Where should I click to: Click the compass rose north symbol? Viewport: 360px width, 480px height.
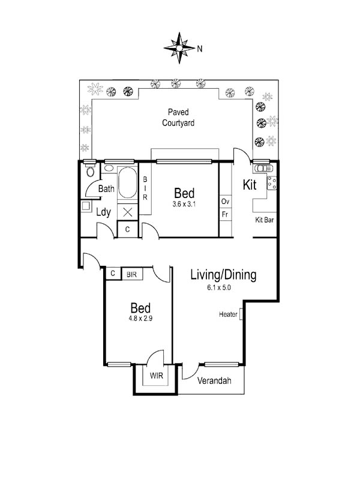(179, 48)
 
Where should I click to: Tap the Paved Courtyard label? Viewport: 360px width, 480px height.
(178, 118)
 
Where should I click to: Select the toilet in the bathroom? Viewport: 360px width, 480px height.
(91, 171)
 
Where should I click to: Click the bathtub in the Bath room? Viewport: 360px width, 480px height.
(128, 183)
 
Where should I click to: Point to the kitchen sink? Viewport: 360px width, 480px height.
(263, 169)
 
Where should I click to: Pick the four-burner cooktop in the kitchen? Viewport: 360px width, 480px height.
(272, 183)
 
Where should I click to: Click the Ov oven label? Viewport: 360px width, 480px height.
(226, 202)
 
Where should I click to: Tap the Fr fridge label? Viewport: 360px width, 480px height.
(225, 214)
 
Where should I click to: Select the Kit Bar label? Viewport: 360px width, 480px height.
(265, 220)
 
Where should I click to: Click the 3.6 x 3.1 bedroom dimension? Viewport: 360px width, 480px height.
(184, 204)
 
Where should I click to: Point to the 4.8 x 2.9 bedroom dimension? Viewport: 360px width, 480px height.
(140, 319)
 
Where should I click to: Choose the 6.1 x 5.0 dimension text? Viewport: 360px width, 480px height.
(219, 287)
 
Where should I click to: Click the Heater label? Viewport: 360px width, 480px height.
(228, 314)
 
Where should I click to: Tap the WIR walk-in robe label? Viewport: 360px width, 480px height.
(157, 376)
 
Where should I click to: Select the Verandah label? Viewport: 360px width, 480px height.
(214, 381)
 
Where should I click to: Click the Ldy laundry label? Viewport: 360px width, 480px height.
(103, 212)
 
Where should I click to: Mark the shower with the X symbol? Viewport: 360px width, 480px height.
(128, 212)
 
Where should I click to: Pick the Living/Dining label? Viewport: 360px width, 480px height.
(223, 275)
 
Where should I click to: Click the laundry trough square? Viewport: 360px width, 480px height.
(86, 206)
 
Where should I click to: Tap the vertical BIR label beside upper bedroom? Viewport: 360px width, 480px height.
(145, 188)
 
